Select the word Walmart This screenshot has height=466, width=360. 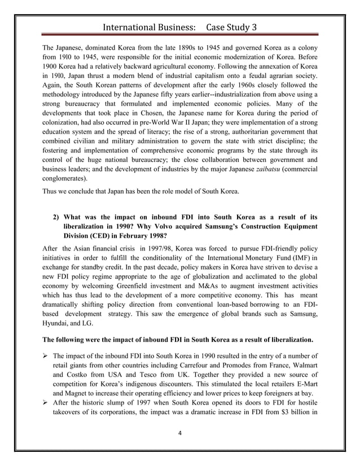pos(301,365)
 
